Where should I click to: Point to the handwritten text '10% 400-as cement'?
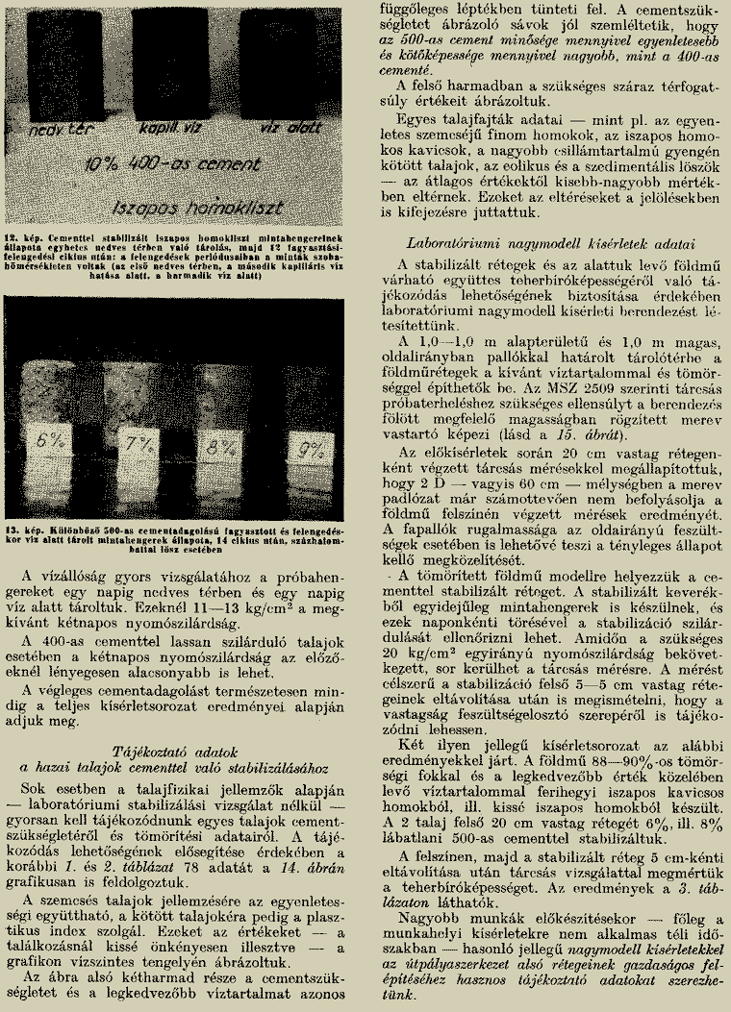point(169,166)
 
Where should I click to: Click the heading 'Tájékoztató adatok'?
point(176,749)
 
